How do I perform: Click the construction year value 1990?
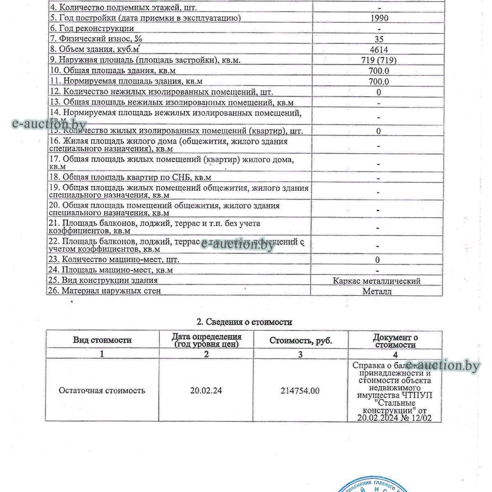[379, 18]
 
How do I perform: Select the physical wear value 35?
[379, 39]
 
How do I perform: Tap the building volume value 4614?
[379, 50]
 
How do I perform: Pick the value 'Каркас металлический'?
[377, 281]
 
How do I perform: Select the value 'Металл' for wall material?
[377, 292]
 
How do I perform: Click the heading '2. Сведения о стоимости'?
[244, 322]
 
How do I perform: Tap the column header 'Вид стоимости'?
[102, 340]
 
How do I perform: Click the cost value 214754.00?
[300, 391]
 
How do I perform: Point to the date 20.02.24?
[206, 391]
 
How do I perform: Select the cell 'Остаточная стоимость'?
[102, 390]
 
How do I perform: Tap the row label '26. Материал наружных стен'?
[105, 291]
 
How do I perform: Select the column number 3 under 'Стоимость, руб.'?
[300, 354]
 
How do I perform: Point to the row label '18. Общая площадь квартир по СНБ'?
[130, 178]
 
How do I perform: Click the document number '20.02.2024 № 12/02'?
[394, 418]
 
